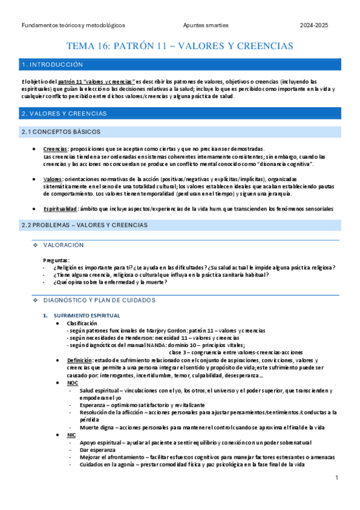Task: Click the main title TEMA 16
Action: click(x=180, y=46)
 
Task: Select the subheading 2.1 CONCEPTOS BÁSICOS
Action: click(x=61, y=131)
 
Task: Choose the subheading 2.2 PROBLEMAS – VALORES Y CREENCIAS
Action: click(x=84, y=225)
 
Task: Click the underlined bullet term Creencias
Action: click(x=55, y=149)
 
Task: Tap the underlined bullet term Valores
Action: click(x=53, y=179)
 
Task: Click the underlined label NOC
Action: click(x=72, y=366)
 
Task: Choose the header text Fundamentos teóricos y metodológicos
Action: click(x=73, y=25)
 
